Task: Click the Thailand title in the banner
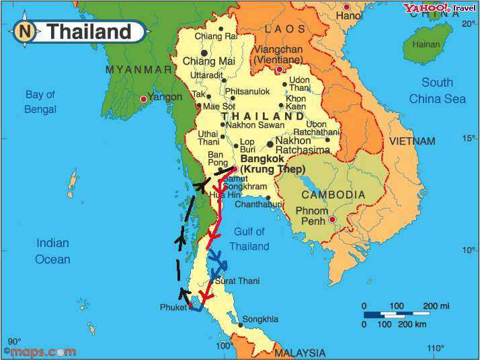click(x=89, y=32)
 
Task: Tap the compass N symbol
click(x=26, y=32)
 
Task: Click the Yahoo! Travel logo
click(x=439, y=8)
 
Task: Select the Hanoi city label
click(x=349, y=15)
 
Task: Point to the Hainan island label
click(x=426, y=44)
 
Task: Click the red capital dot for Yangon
click(x=143, y=100)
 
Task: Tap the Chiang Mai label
click(x=208, y=61)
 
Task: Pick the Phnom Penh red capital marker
click(x=331, y=220)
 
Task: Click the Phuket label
click(x=173, y=308)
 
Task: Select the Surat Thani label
click(x=237, y=281)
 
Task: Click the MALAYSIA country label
click(x=300, y=353)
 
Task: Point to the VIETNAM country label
click(x=412, y=141)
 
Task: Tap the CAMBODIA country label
click(x=333, y=194)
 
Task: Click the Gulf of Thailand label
click(x=249, y=239)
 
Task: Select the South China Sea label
click(x=438, y=91)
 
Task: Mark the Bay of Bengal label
click(x=40, y=102)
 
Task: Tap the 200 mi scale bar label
click(x=436, y=305)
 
